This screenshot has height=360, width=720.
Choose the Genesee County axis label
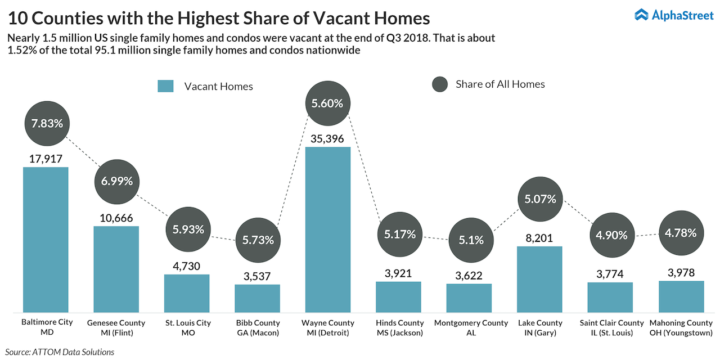point(116,327)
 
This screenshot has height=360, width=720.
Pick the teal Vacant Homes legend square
point(165,86)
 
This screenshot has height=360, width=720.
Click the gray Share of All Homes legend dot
point(439,84)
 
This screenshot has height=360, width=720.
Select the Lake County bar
point(539,279)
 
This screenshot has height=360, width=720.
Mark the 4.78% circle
point(681,232)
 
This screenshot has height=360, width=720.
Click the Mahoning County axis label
point(681,327)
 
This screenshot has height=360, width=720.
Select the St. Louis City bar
point(187,293)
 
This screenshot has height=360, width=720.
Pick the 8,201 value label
point(539,238)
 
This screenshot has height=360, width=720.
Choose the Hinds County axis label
point(399,327)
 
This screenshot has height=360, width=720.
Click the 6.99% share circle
point(117,181)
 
